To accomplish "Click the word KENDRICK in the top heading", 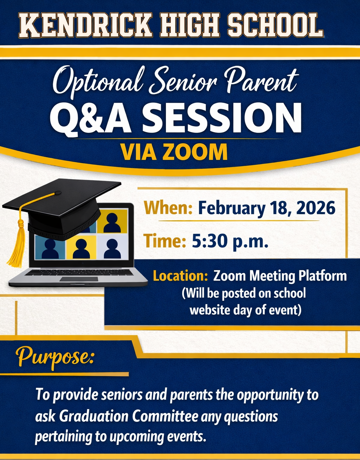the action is [x=85, y=25].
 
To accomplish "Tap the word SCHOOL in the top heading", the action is [x=276, y=25].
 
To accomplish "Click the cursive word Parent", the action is [x=261, y=82].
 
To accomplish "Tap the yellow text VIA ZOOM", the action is [x=174, y=152].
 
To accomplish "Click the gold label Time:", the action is [x=165, y=241].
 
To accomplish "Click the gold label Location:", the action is [x=180, y=276].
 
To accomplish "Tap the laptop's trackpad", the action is [x=79, y=279].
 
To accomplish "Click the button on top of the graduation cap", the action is [x=58, y=193].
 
